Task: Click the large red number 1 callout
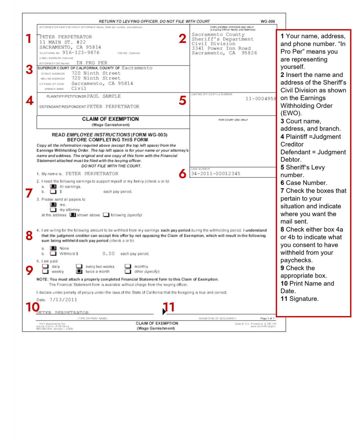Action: [28, 39]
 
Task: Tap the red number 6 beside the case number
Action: [183, 174]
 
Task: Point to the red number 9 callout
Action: [29, 270]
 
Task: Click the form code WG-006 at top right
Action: [268, 21]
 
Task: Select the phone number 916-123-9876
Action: [81, 52]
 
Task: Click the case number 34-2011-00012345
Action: [216, 174]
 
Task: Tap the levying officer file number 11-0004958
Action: [261, 99]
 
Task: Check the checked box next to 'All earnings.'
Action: [53, 187]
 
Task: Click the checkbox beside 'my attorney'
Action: [53, 210]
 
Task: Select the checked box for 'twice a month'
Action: [79, 272]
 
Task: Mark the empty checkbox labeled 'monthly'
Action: [128, 267]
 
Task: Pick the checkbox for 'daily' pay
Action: [45, 267]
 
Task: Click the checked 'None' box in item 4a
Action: [53, 248]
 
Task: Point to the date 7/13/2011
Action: [63, 300]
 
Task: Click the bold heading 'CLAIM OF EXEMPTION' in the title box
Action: [110, 119]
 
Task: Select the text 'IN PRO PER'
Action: [92, 63]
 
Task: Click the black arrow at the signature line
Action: [164, 311]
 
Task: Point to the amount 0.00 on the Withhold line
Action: [108, 254]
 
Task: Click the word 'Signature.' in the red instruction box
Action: [304, 299]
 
